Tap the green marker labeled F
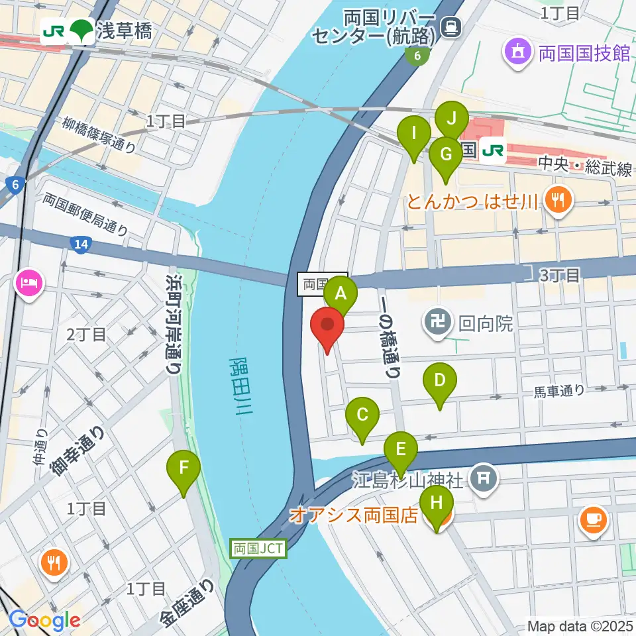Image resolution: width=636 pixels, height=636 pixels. tap(185, 469)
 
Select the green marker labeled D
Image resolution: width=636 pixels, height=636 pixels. tap(440, 382)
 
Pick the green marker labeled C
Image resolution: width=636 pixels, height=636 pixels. tap(362, 415)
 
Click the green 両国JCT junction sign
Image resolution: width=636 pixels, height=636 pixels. tap(259, 549)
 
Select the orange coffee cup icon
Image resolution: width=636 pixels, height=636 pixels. tap(594, 520)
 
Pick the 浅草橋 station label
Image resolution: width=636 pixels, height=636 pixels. tap(124, 31)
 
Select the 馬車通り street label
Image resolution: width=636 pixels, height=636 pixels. tap(560, 391)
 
